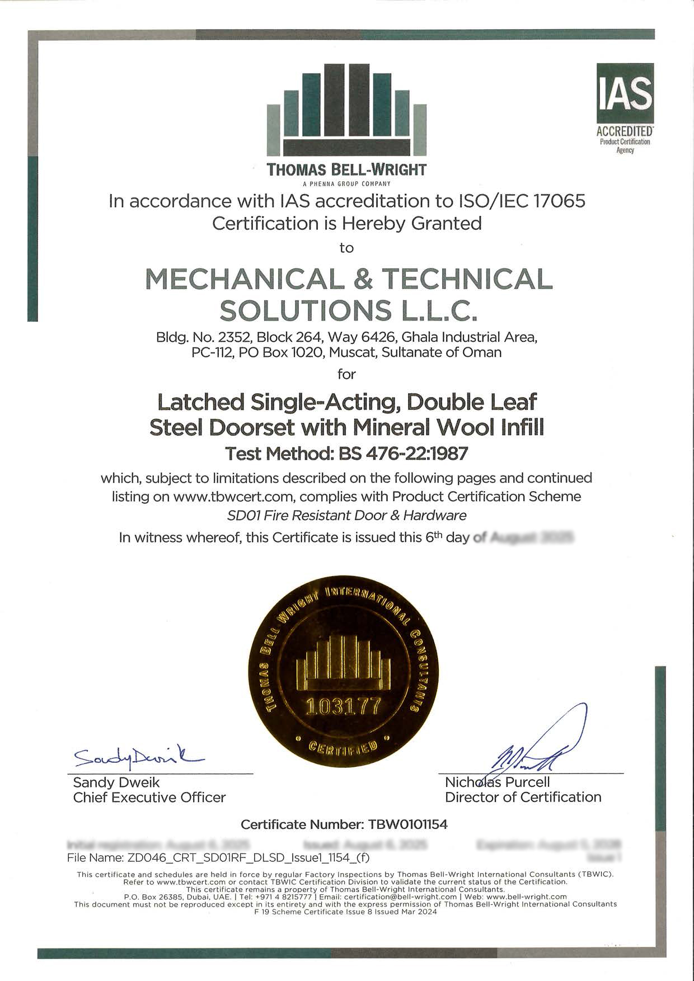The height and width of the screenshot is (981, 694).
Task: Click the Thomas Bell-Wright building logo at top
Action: pos(346,109)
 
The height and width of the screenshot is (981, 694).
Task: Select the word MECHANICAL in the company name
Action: pos(245,279)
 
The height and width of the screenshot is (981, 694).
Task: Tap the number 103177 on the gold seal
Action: pos(342,706)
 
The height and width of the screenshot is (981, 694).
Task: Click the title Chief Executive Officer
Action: pos(149,797)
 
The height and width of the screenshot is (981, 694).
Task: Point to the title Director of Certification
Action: pos(523,797)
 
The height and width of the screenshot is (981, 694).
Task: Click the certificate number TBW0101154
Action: pos(407,824)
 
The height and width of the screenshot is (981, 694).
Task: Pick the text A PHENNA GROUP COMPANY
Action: pos(346,183)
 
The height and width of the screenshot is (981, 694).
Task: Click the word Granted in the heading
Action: pos(446,224)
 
